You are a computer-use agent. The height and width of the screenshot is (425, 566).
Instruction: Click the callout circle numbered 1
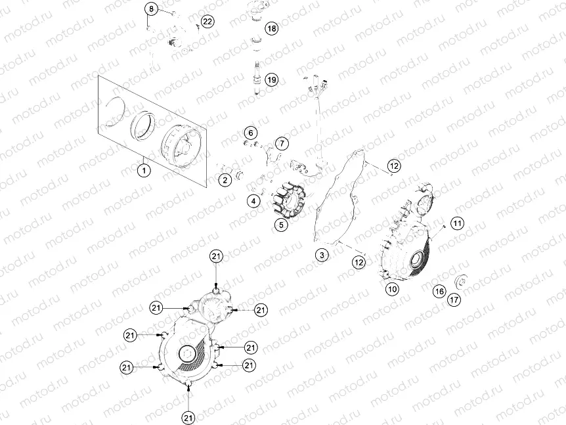pos(144,169)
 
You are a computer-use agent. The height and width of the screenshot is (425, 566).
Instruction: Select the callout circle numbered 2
pos(225,179)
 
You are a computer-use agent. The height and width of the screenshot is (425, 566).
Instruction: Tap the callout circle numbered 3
pos(321,255)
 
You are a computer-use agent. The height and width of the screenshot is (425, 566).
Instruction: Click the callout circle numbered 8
pos(251,134)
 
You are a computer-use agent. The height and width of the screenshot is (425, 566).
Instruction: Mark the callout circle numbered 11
pos(152,9)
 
